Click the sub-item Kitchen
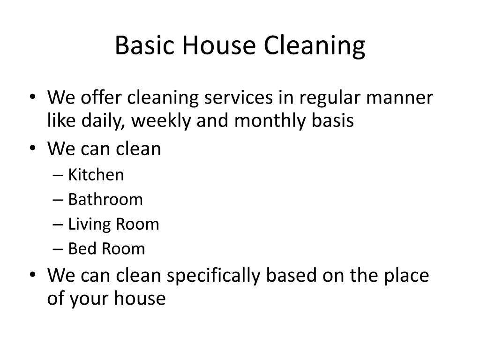tap(96, 175)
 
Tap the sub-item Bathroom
tap(105, 199)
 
